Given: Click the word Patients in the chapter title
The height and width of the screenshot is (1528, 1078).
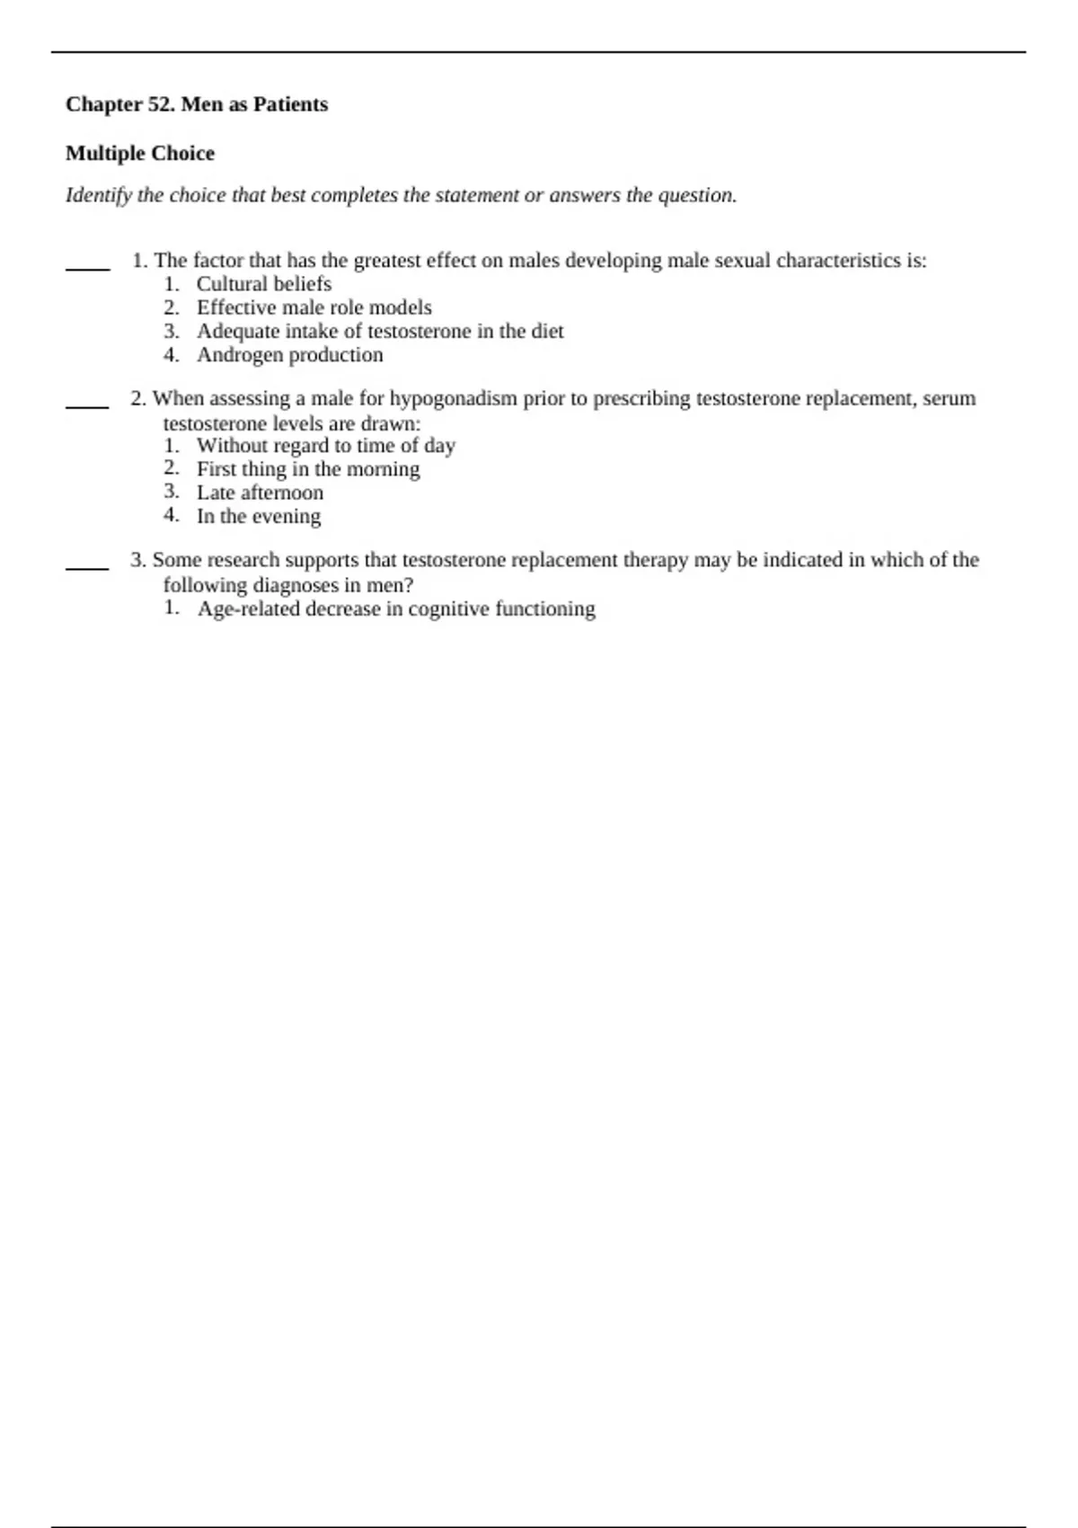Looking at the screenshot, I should click(290, 104).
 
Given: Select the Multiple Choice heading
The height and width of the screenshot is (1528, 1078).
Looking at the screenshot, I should click(140, 154).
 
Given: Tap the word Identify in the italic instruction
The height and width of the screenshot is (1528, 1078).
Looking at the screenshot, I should click(98, 195).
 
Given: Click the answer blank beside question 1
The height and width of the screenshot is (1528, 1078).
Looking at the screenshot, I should click(87, 267).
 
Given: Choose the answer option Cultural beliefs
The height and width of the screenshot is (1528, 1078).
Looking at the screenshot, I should click(264, 284).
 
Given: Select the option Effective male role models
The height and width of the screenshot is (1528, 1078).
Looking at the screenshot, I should click(314, 307).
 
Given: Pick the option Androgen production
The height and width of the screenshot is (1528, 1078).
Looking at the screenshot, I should click(290, 355).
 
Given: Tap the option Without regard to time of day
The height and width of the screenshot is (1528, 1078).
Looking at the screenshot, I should click(326, 446).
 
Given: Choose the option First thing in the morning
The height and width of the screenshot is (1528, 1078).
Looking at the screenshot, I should click(308, 469).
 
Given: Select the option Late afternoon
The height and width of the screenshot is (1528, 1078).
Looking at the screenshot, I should click(261, 493).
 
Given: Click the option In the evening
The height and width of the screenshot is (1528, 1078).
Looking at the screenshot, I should click(259, 516).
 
